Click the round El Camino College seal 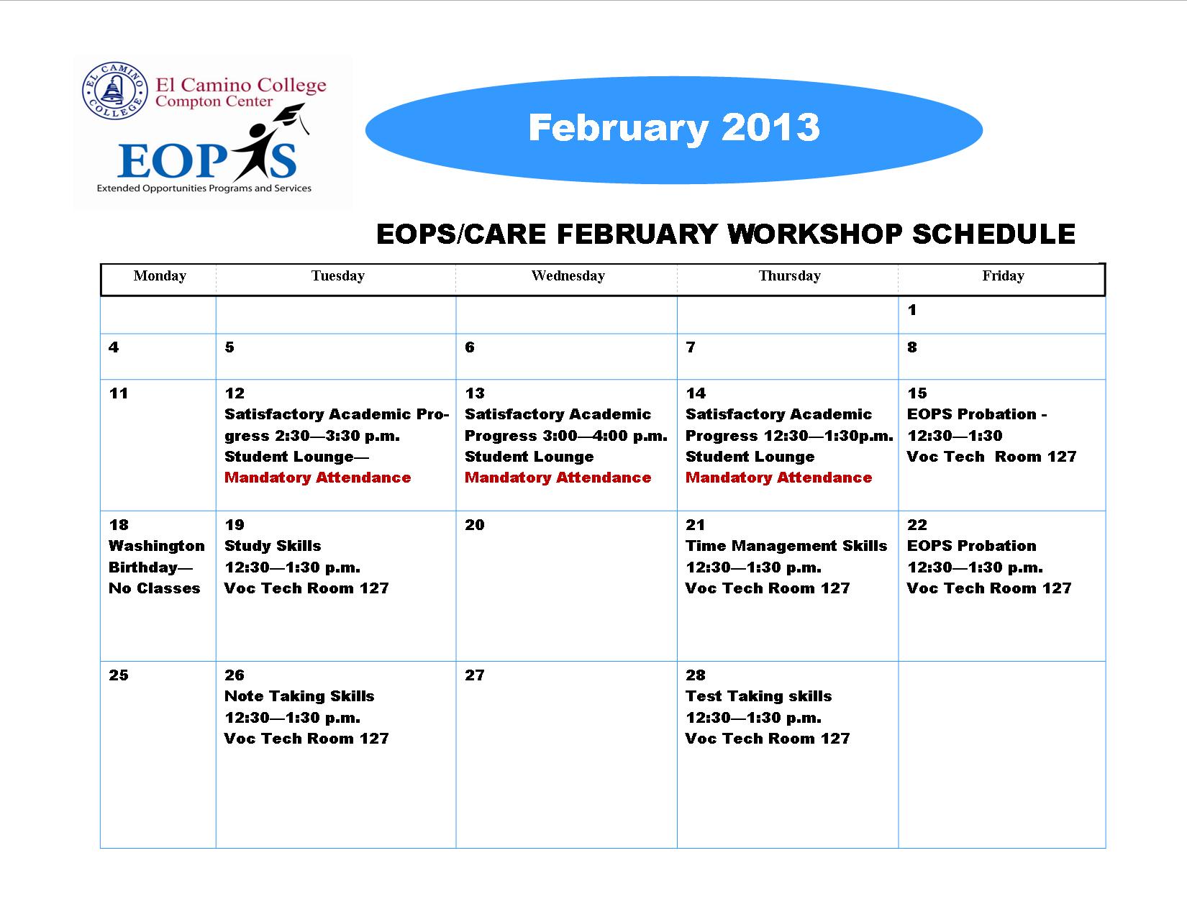click(114, 91)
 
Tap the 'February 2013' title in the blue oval click(674, 129)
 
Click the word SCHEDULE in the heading click(993, 234)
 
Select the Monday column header click(160, 275)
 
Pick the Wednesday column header click(568, 275)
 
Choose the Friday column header click(1003, 275)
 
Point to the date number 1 click(911, 310)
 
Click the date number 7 click(691, 347)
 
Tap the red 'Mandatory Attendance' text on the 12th click(317, 478)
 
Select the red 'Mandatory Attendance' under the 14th click(778, 478)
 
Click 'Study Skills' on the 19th click(273, 546)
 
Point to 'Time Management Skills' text click(786, 546)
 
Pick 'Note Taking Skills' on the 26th click(299, 695)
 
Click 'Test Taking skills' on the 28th click(759, 695)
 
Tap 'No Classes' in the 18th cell click(155, 588)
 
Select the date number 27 click(474, 675)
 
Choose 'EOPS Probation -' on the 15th click(977, 414)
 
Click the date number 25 click(119, 675)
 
